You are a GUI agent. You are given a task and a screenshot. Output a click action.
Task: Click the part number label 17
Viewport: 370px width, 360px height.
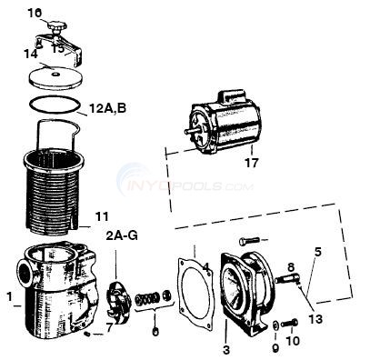[x=251, y=165]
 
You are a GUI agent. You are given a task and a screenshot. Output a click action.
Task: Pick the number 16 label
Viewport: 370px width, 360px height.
[x=35, y=13]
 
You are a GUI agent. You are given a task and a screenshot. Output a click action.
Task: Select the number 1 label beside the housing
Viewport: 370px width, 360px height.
[x=9, y=295]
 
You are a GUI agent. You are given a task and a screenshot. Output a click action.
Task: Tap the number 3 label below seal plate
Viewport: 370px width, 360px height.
[x=225, y=348]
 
